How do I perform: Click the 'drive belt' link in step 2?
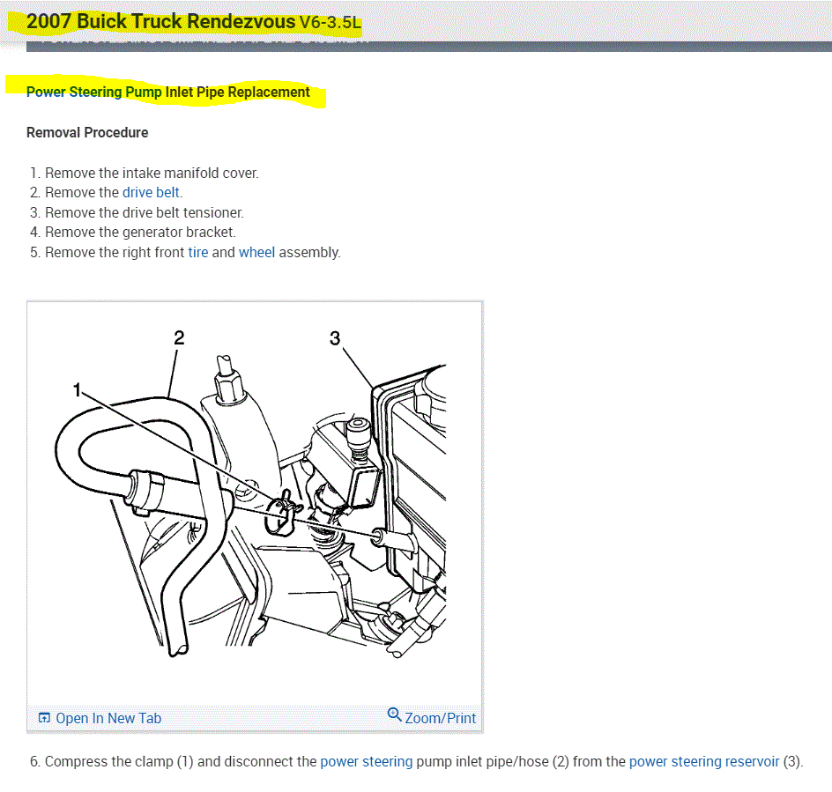152,193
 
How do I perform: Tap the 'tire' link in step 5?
198,253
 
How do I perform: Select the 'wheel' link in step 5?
256,253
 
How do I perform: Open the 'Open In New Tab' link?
108,718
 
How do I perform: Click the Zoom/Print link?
440,718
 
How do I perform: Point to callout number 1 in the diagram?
78,389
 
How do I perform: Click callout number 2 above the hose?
179,337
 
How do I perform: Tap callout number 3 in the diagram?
335,337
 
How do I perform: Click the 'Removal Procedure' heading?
87,133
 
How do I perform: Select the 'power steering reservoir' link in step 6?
704,761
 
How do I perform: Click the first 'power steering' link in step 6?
366,761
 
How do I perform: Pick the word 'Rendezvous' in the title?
241,21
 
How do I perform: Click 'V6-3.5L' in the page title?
330,23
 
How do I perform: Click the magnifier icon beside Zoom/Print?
395,714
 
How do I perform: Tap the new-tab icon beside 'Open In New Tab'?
44,718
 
